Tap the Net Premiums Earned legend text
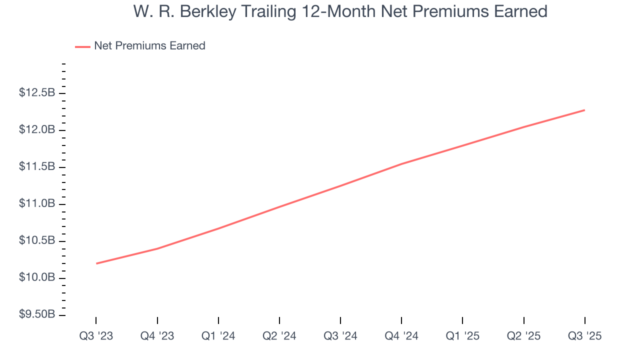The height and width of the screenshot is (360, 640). [149, 46]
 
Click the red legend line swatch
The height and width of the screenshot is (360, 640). [82, 46]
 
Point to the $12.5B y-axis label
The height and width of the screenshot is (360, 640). [37, 93]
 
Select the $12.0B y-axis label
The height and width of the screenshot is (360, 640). [37, 130]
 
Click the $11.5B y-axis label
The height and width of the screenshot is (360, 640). [37, 166]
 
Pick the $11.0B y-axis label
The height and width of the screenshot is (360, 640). [37, 203]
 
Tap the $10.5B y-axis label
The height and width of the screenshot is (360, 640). [37, 240]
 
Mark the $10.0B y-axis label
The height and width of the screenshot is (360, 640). [37, 277]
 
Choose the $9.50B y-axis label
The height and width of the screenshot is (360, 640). [37, 314]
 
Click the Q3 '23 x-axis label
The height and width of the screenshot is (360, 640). [96, 336]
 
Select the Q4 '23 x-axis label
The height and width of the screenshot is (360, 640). [157, 336]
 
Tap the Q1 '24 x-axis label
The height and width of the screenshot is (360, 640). [218, 336]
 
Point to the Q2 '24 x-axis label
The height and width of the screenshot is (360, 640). [279, 336]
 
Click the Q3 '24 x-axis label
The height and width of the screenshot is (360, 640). [340, 336]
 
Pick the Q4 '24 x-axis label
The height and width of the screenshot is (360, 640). [401, 336]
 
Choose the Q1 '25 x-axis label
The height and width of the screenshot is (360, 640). [462, 336]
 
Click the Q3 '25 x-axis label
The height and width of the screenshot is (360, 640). [584, 336]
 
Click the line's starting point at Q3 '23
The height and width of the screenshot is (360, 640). [96, 263]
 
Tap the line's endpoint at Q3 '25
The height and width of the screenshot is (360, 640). [584, 110]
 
